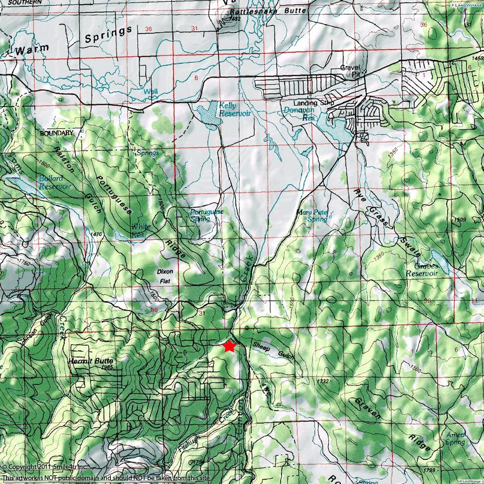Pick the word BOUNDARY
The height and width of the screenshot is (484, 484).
[x=57, y=133]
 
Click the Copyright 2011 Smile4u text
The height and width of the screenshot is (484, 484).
[x=44, y=467]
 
